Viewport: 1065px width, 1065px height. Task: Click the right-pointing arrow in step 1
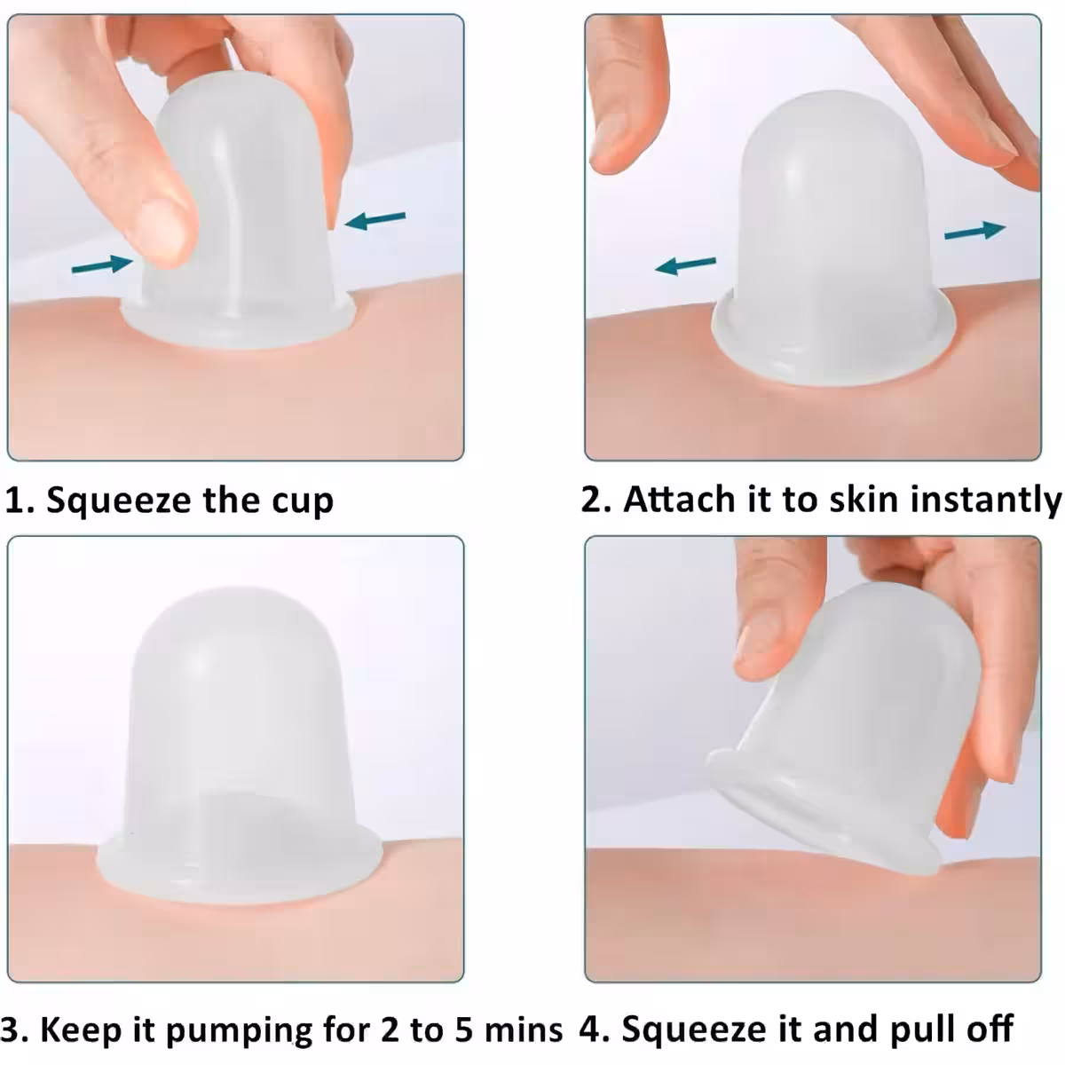[x=103, y=264]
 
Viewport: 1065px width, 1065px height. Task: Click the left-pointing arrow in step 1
[x=375, y=220]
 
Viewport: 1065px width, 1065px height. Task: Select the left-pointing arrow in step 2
[x=685, y=265]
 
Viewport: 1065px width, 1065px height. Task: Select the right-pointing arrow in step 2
[x=974, y=231]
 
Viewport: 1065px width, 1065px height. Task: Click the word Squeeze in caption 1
[x=120, y=501]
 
